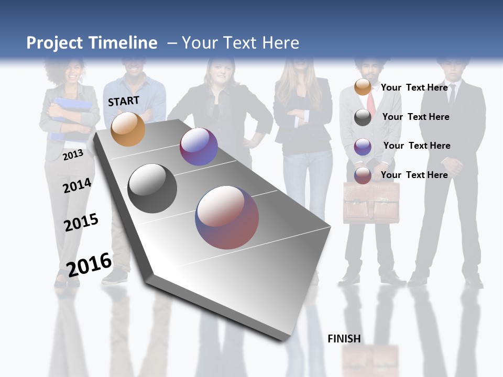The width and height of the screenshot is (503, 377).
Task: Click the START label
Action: coord(124,101)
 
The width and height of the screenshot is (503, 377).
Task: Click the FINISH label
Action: coord(344,339)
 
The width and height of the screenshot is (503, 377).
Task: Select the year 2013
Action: coord(73,155)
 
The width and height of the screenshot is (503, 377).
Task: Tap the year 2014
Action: coord(77,186)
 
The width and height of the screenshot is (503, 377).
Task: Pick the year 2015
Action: coord(81,222)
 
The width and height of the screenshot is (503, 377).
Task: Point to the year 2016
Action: coord(89,264)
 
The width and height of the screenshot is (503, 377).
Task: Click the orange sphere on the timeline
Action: coord(128,129)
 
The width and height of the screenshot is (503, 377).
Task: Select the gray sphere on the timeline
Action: coord(152,188)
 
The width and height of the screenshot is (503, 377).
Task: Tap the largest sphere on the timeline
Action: coord(227,217)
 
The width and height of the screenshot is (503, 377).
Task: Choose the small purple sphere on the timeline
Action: coord(199,147)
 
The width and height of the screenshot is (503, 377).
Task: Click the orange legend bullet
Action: coord(363,87)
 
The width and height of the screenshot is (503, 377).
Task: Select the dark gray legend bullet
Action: coord(363,117)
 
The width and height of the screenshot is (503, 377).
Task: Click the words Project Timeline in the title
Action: coord(92,43)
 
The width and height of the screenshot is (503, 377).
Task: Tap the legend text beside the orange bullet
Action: coord(414,87)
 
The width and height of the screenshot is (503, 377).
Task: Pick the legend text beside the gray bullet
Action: coord(415,117)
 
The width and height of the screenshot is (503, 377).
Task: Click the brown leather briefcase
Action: coord(371,203)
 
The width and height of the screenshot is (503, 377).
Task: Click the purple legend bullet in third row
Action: coord(363,147)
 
